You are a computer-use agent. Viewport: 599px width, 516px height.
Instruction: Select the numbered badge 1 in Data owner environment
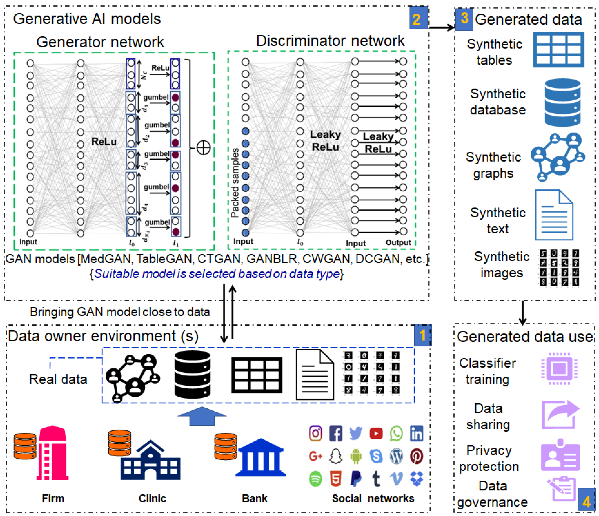pos(422,335)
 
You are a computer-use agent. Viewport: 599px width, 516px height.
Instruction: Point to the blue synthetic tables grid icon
pos(558,50)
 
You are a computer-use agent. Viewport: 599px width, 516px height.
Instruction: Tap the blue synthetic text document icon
pos(554,215)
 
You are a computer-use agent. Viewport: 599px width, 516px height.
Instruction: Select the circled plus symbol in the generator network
pos(203,148)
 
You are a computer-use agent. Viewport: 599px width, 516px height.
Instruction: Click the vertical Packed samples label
pos(235,183)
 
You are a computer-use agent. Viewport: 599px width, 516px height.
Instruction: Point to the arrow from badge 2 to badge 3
pos(441,27)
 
